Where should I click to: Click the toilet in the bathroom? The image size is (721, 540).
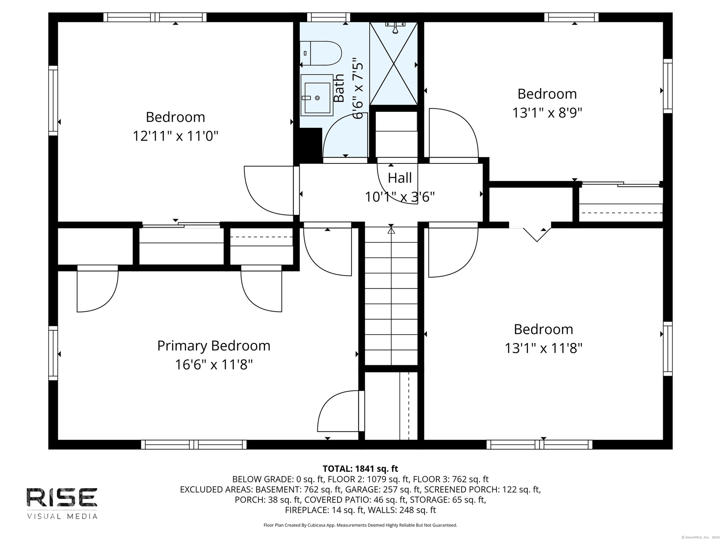(321, 53)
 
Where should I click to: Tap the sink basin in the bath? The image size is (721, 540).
(317, 98)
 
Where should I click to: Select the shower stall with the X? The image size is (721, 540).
(394, 63)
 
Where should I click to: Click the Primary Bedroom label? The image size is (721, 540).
(214, 346)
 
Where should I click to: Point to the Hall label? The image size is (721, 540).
(400, 178)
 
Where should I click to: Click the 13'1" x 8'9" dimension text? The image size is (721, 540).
(547, 112)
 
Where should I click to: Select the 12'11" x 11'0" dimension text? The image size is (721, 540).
(175, 136)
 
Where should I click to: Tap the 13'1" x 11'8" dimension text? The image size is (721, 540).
(543, 348)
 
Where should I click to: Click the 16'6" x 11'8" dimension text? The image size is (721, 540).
(214, 364)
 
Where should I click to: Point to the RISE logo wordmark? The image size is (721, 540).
(62, 497)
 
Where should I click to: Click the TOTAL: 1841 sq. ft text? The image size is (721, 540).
(360, 469)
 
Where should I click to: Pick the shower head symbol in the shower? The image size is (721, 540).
(395, 27)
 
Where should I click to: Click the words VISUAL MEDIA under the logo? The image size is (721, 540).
(62, 516)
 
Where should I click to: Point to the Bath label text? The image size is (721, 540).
(339, 88)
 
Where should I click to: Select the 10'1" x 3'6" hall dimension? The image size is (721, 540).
(400, 196)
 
